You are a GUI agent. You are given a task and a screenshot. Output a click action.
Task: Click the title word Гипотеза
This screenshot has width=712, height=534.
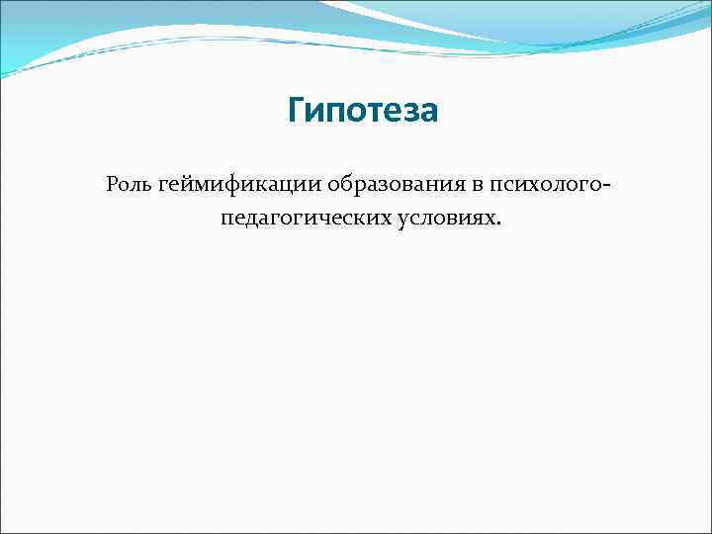click(362, 112)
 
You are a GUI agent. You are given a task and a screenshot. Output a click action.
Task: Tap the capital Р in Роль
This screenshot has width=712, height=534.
click(111, 185)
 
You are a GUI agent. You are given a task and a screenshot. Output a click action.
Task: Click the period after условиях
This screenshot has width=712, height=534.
click(499, 222)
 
